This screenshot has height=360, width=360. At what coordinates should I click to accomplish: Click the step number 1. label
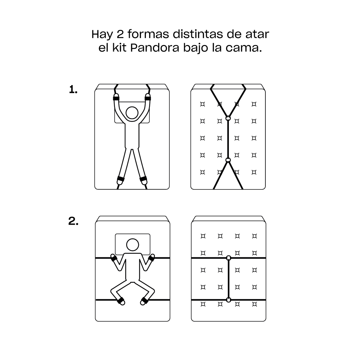[73, 90]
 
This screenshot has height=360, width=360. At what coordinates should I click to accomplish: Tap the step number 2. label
[73, 222]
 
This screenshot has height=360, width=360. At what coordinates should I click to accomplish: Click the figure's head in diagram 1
[132, 113]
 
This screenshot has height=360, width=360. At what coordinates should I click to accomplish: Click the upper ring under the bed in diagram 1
[228, 118]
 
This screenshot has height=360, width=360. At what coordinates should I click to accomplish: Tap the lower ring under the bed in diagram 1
[228, 161]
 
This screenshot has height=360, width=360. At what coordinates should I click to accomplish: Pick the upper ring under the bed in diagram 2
[229, 258]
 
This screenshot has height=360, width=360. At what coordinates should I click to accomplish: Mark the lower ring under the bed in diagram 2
[229, 300]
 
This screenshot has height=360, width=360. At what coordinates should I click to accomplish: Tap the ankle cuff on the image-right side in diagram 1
[143, 179]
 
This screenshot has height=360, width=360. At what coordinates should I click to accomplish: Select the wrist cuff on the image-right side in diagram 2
[151, 258]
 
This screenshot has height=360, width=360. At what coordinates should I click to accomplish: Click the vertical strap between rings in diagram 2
[229, 279]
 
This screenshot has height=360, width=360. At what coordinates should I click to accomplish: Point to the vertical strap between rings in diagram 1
[228, 140]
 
